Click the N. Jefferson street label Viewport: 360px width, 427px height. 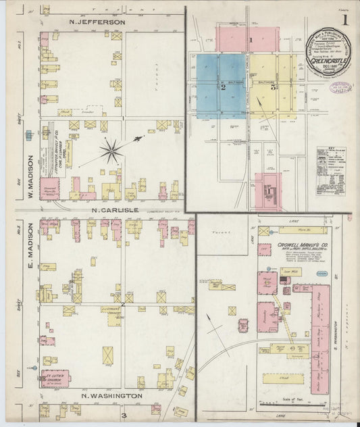97,22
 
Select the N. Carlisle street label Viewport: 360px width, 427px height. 115,210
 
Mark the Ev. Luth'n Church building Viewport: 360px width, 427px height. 55,379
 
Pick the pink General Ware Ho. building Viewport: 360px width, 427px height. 49,189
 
